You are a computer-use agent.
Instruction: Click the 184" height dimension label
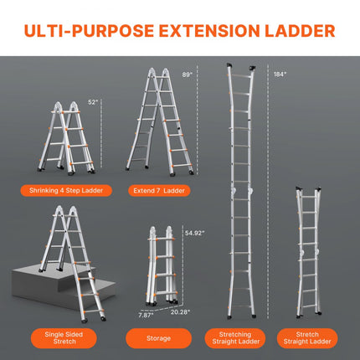pyautogui.click(x=279, y=74)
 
